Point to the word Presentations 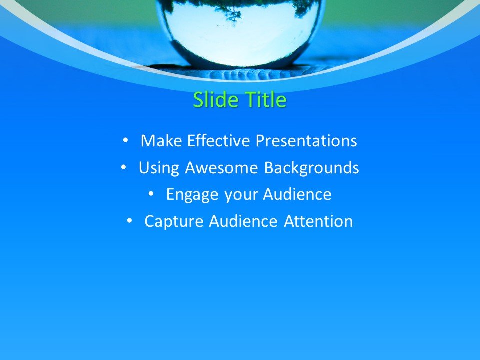[x=306, y=141]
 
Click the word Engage [x=192, y=194]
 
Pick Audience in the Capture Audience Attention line [x=243, y=221]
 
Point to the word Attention [x=318, y=221]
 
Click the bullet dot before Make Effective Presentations [x=125, y=141]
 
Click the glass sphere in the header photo [x=240, y=35]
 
